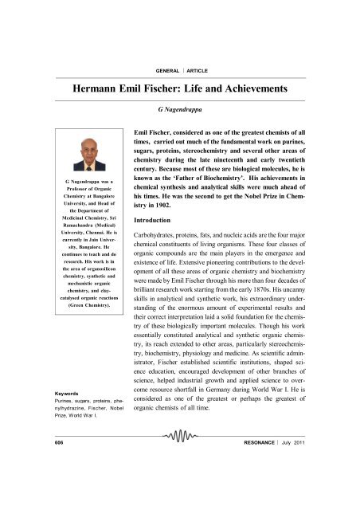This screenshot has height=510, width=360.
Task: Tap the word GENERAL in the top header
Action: pos(155,48)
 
